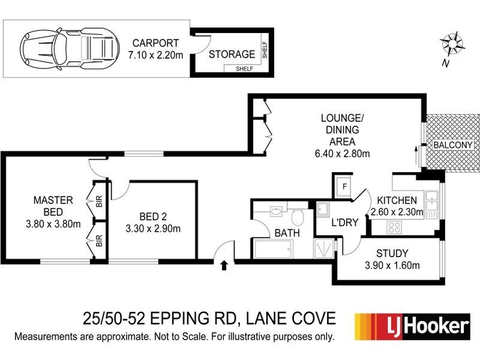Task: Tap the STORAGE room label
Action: pyautogui.click(x=232, y=54)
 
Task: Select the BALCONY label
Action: pyautogui.click(x=454, y=145)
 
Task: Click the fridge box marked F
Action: pyautogui.click(x=344, y=185)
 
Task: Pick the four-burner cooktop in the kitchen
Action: pyautogui.click(x=394, y=227)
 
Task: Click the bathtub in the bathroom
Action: pyautogui.click(x=273, y=248)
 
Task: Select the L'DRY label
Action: pyautogui.click(x=345, y=223)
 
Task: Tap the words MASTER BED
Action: pyautogui.click(x=53, y=206)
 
